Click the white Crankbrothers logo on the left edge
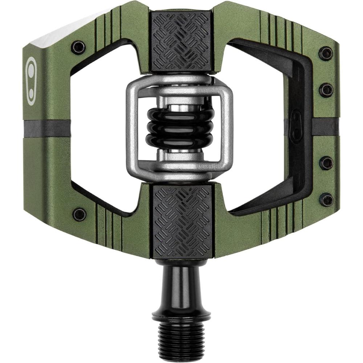(32, 81)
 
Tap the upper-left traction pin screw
(78, 48)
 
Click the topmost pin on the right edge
(326, 53)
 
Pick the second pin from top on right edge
(326, 90)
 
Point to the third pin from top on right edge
(326, 163)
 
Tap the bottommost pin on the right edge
(326, 199)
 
